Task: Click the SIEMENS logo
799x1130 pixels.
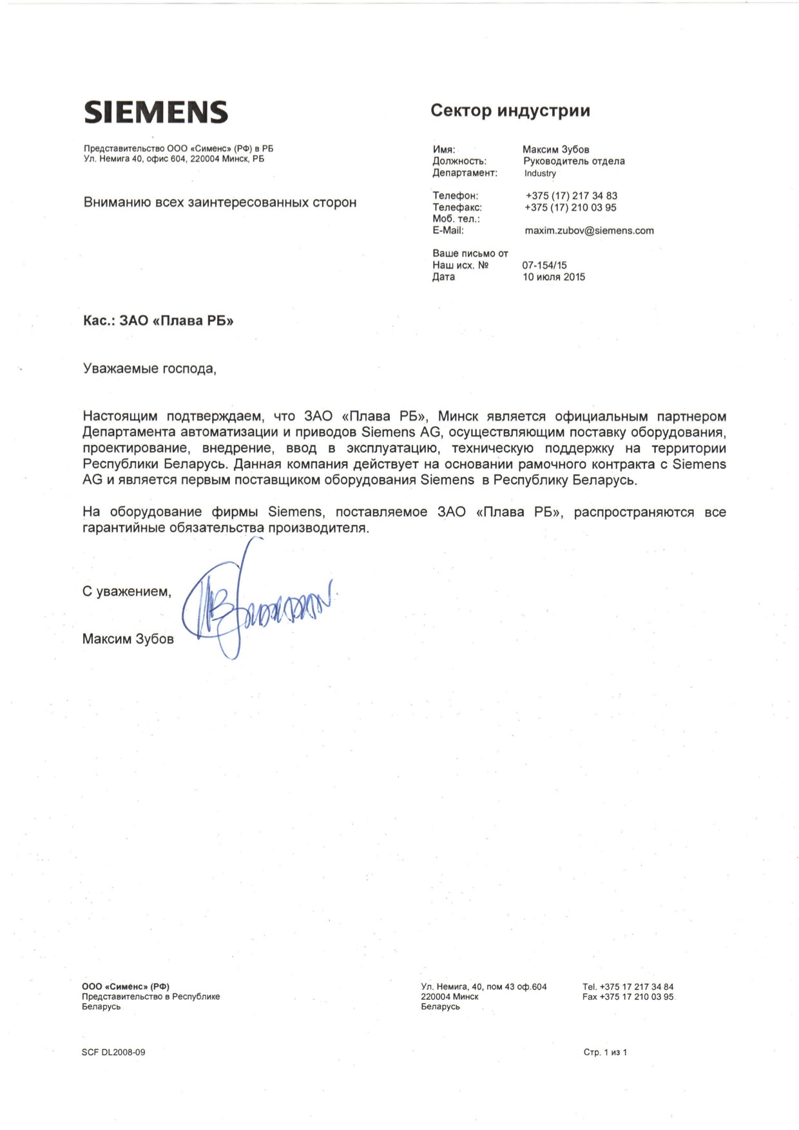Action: coord(156,112)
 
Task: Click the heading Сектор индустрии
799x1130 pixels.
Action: coord(510,111)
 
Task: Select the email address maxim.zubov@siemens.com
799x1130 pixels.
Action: coord(589,231)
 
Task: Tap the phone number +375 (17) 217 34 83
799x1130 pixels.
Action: coord(571,196)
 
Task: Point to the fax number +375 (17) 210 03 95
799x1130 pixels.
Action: coord(570,208)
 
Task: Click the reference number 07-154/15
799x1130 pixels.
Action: coord(544,265)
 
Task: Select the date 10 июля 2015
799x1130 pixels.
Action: coord(554,277)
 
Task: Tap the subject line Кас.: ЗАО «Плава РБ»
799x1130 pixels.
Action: coord(159,321)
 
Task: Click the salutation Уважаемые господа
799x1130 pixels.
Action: coord(149,369)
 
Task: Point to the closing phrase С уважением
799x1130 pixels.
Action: coord(127,592)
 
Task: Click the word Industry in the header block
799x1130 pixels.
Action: coord(540,173)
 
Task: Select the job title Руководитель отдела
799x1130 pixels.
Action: coord(573,161)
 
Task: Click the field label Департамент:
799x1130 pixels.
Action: coord(465,173)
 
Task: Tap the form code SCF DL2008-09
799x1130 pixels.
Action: coord(113,1053)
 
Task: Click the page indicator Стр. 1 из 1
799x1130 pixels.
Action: coord(605,1053)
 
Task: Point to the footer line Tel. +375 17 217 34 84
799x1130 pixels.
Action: coord(628,987)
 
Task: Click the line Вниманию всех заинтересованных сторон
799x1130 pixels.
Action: coord(220,202)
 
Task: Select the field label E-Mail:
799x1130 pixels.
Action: coord(448,230)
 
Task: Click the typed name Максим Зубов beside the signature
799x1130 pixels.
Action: coord(128,639)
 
